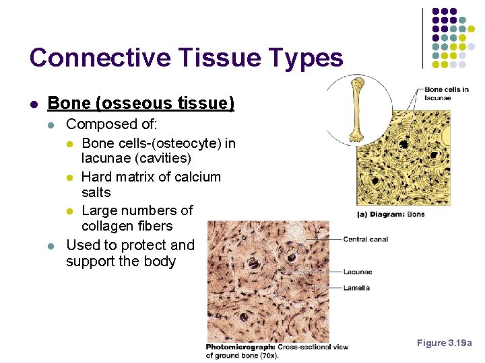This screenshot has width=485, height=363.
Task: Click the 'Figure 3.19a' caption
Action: click(x=445, y=344)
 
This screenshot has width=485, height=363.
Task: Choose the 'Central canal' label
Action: click(x=366, y=239)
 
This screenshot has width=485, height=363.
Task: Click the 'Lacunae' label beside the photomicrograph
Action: click(x=358, y=272)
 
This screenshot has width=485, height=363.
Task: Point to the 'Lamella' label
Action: click(x=356, y=288)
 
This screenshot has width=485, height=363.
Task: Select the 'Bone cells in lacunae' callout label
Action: click(x=446, y=93)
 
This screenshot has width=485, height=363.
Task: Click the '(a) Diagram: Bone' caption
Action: click(x=391, y=214)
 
